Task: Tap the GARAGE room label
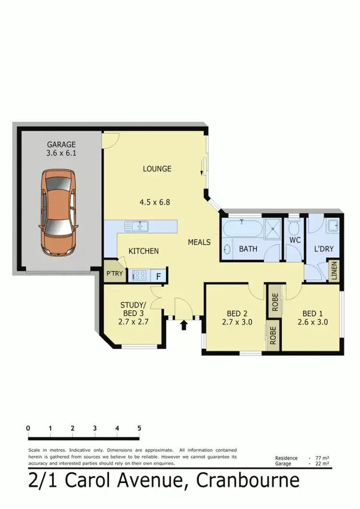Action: coord(61,144)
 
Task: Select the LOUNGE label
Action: coord(157,169)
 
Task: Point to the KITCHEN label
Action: coord(144,251)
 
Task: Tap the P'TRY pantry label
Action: coord(114,273)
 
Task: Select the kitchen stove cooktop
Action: coord(139,276)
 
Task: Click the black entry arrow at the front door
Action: coord(183,326)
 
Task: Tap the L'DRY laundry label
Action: coord(324,249)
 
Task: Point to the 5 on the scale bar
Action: coord(139,428)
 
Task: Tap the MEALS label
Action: coord(199,242)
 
